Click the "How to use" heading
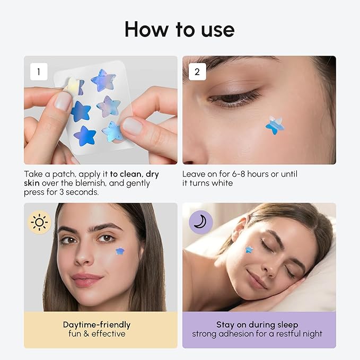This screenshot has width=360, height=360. (179, 30)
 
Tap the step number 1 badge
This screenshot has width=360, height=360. (38, 71)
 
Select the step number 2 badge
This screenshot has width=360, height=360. (197, 72)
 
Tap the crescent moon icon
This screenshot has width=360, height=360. (200, 222)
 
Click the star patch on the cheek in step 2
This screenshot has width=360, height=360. (275, 125)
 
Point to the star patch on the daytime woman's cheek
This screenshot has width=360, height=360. (120, 250)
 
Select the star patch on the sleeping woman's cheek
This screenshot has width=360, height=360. (249, 249)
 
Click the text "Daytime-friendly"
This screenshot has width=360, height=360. (96, 324)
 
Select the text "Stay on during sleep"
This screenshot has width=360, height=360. (257, 324)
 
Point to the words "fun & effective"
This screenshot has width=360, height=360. (96, 333)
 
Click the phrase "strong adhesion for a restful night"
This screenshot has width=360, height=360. (257, 333)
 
